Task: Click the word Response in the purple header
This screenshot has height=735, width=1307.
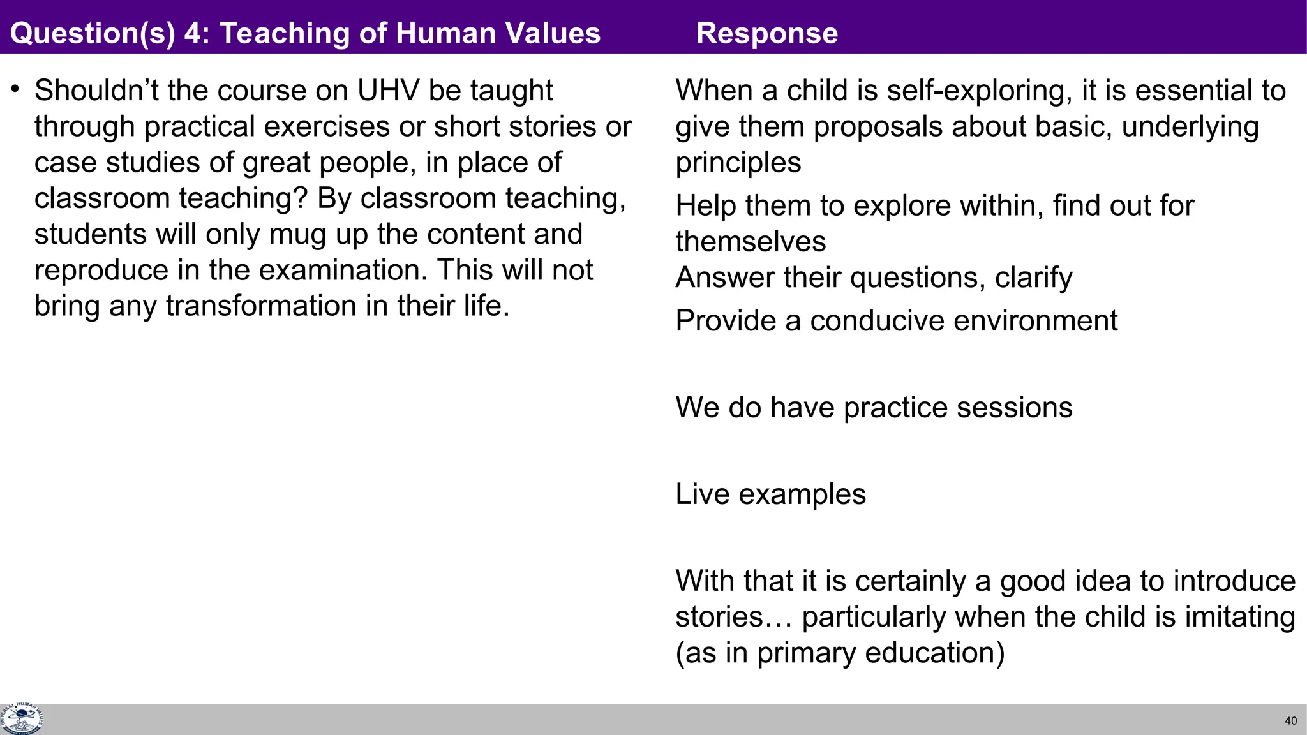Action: [766, 33]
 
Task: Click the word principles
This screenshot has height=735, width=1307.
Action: [738, 163]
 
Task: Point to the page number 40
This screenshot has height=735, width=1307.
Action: [1290, 721]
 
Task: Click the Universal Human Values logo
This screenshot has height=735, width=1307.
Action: [22, 719]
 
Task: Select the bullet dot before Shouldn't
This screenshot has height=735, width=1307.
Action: [15, 89]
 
